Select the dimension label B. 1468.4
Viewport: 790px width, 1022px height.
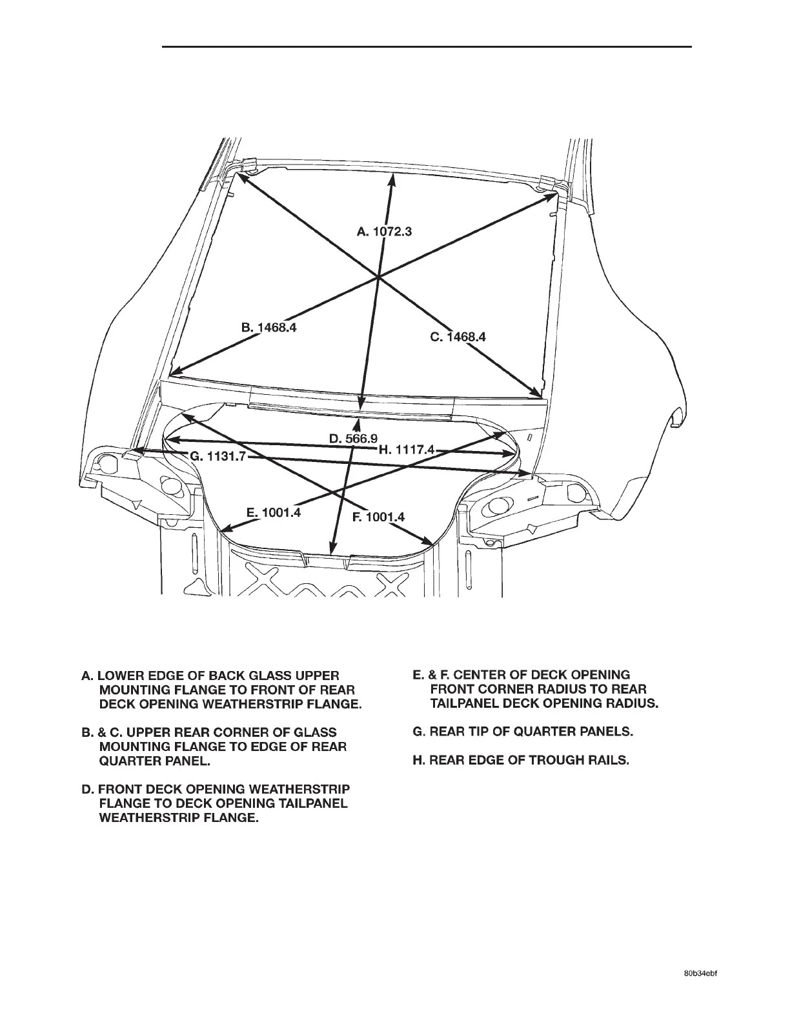pos(268,327)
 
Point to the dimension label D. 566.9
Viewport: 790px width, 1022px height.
pos(353,439)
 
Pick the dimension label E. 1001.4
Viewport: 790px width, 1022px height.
pos(274,513)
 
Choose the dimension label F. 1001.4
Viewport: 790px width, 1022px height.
pos(378,517)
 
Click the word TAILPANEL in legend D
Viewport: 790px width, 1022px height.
pos(312,804)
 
